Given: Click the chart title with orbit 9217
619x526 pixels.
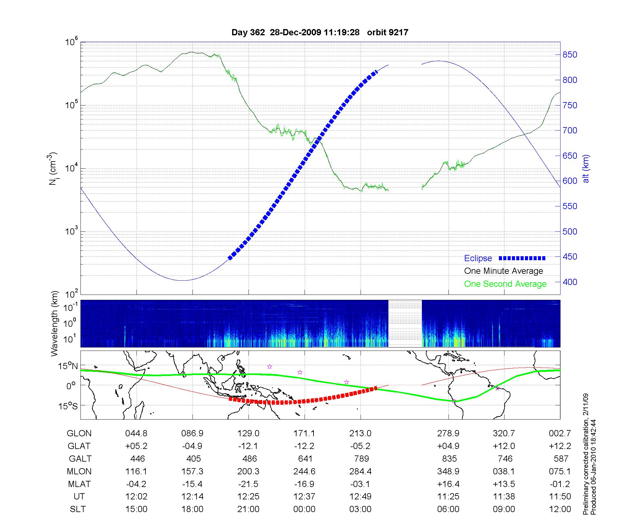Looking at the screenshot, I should coord(320,32).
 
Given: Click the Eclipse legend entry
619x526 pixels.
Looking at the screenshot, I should coord(478,258).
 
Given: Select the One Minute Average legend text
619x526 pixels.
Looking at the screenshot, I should coord(504,271).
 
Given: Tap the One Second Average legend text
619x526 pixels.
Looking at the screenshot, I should coord(505,284).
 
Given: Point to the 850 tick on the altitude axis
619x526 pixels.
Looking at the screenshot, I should coord(570,55).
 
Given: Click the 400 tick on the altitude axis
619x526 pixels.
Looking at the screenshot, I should coord(570,282).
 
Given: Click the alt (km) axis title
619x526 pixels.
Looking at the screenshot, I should coord(586,169).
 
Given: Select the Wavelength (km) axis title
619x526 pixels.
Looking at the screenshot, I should coord(54,324).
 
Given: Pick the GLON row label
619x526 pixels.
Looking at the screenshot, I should coord(79,433).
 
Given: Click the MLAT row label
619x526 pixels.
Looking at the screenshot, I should coord(79,484).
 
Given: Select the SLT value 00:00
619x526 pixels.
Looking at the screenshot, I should coord(304,509).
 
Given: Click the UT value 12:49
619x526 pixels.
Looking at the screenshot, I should coord(360,497).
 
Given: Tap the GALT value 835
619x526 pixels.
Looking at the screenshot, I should coord(449,459).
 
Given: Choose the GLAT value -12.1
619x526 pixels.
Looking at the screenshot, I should coord(248,446).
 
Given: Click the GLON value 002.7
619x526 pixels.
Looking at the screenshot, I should coord(560,433).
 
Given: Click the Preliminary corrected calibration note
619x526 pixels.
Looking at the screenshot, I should coord(586,455).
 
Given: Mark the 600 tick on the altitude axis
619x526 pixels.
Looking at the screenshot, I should coord(570,181).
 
